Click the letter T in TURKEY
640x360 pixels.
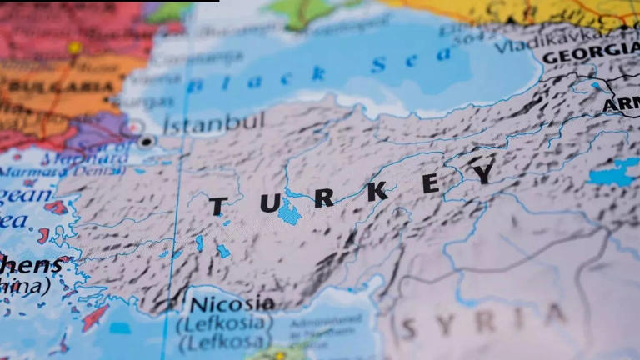point(217,206)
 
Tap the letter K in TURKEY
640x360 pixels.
point(377,191)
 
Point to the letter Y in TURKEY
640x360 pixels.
point(484,172)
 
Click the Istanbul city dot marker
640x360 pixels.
point(147,142)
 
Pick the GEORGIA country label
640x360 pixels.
point(590,54)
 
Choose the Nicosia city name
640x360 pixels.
point(232,302)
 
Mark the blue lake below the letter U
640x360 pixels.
point(290,212)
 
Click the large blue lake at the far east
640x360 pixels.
point(615,172)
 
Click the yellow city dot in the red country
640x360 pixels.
point(76,48)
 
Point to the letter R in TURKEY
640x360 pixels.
point(323,198)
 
